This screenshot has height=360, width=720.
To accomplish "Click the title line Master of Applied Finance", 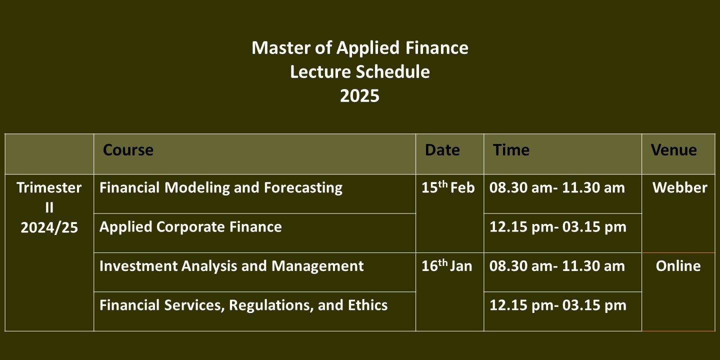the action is (359, 48).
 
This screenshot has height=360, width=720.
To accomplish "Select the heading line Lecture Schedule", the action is (359, 71).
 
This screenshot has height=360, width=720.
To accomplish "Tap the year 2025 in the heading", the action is (359, 96).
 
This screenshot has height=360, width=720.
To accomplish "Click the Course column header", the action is (128, 150).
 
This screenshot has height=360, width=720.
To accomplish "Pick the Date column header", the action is (442, 150).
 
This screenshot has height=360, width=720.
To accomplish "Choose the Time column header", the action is (511, 150).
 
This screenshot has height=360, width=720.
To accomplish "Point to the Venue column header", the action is (673, 150).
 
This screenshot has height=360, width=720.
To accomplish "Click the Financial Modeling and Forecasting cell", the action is (221, 188).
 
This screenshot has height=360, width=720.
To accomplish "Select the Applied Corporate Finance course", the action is (190, 227).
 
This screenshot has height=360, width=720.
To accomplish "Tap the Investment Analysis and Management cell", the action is (231, 266).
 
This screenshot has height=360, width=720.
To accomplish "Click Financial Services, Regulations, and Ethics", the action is (243, 305).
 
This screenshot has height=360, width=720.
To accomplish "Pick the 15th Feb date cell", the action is (448, 187).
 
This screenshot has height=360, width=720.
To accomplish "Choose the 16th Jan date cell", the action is (447, 265).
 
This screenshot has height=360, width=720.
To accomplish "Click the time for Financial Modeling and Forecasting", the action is (557, 187).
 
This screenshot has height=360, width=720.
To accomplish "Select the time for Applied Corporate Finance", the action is (557, 227).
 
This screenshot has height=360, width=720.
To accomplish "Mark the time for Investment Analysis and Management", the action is (557, 266).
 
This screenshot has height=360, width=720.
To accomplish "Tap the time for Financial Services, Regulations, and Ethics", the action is (557, 305).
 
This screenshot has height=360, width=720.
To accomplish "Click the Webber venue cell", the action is (680, 187).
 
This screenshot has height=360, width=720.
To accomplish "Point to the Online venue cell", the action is (678, 266).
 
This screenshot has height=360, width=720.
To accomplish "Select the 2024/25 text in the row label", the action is (49, 228).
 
